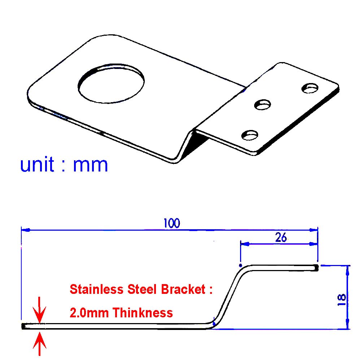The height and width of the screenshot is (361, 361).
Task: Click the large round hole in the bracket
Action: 111,84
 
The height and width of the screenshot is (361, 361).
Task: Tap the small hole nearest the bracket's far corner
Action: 310,88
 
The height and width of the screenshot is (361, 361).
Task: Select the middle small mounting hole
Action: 263,105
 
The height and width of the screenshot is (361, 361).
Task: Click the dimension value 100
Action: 171,223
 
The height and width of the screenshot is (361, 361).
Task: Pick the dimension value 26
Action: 280,238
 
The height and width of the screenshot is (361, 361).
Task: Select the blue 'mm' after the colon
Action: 90,165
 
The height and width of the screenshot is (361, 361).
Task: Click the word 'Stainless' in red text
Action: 94,290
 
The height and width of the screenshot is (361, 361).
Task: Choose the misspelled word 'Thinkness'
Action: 143,312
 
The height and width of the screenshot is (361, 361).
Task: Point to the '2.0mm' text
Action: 89,312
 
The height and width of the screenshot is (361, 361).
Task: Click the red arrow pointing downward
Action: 40,310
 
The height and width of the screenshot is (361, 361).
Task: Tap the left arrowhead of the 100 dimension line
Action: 25,229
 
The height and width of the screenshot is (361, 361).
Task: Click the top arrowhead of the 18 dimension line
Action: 348,269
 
